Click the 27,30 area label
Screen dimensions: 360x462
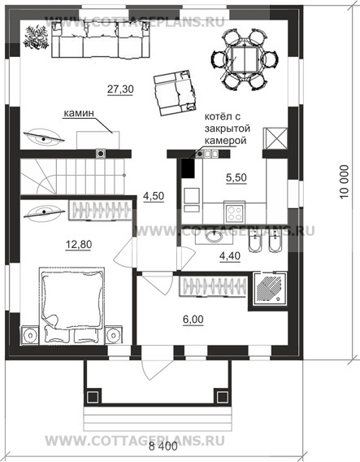[x=120, y=89]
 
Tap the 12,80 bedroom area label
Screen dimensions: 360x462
[x=79, y=244]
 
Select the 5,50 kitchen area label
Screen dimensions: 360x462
[x=236, y=177]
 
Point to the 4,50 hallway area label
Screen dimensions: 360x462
[x=154, y=196]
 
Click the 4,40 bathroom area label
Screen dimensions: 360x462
[x=230, y=256]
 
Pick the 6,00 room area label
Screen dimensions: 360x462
[x=193, y=319]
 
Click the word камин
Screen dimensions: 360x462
[x=79, y=113]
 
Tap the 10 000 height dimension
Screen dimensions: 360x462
[x=344, y=182]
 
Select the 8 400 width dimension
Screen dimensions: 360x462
[x=163, y=447]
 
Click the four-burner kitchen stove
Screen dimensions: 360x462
[x=235, y=212]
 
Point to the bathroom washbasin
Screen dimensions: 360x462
[x=215, y=237]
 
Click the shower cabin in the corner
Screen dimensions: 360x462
[x=271, y=289]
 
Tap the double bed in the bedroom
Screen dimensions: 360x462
[x=72, y=306]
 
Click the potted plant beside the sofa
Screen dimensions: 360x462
[x=36, y=37]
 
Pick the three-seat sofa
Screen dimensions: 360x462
[x=101, y=39]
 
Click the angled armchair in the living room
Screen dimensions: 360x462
[x=176, y=93]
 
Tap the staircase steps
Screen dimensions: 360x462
[x=72, y=177]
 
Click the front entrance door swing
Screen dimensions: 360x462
[x=157, y=364]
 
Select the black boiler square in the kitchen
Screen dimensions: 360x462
[x=188, y=168]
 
